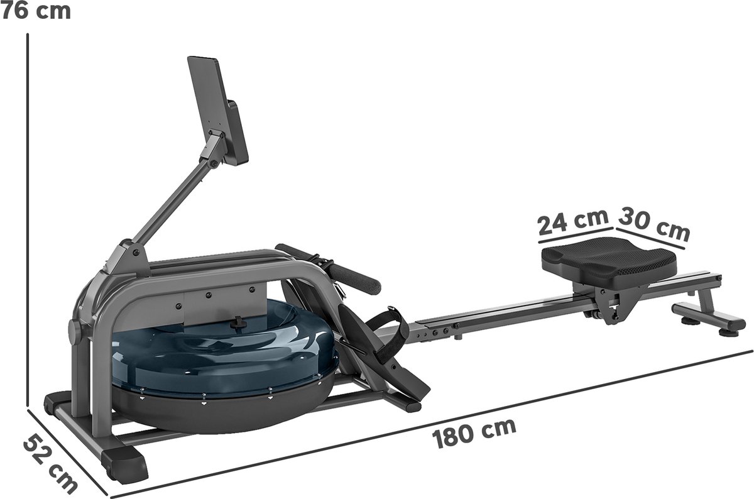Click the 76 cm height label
pos(35,11)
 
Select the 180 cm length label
pos(474,434)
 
